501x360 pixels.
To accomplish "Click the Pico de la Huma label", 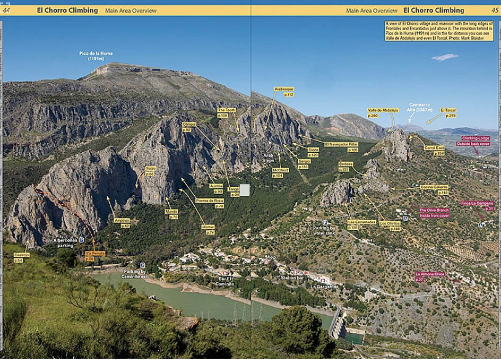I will click(x=96, y=55).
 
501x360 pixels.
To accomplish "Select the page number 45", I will click(x=495, y=10).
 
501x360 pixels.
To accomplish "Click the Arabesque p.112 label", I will click(x=284, y=92).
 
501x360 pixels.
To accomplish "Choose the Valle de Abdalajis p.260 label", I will click(x=383, y=113).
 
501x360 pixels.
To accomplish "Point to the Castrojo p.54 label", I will click(x=22, y=258).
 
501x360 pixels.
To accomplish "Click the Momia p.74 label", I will click(x=208, y=229).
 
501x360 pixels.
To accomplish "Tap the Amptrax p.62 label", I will click(x=122, y=223).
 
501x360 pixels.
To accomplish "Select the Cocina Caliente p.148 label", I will click(x=434, y=189).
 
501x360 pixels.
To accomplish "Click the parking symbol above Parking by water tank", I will click(x=325, y=223).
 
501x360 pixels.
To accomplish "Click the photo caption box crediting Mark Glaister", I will click(x=439, y=31).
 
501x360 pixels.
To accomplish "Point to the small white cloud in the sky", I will click(x=444, y=57).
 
